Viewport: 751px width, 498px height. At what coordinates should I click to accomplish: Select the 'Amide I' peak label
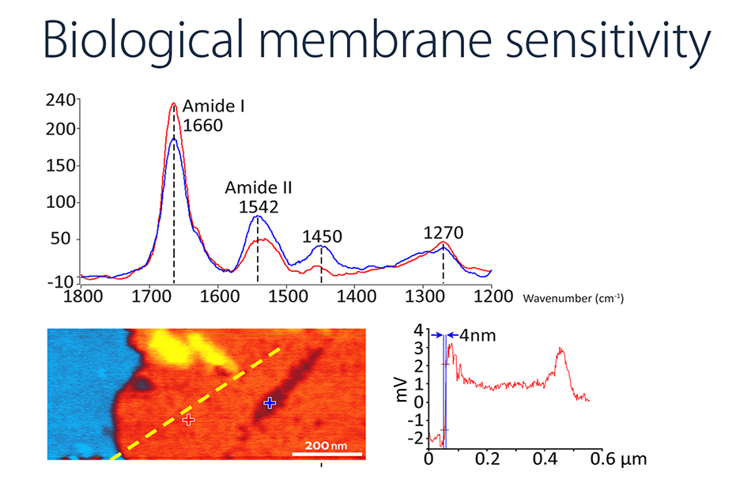pos(213,106)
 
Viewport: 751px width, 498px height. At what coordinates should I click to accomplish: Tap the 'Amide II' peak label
pos(259,188)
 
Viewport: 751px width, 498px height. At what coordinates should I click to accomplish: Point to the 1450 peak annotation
pos(322,236)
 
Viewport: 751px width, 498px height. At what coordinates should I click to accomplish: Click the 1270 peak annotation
pos(443,233)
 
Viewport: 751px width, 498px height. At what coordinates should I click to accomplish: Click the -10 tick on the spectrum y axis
pos(64,281)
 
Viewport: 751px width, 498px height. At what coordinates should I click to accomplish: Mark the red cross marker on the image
pos(188,420)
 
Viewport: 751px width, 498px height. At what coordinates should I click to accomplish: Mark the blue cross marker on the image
pos(270,403)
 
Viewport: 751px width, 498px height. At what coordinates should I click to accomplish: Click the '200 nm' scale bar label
pos(326,446)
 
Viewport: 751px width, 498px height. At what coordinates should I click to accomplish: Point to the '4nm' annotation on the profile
pos(477,335)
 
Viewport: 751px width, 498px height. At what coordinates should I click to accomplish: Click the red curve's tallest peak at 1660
pos(173,103)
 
